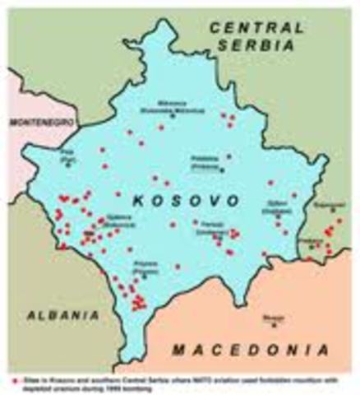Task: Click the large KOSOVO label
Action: [x=176, y=200]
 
